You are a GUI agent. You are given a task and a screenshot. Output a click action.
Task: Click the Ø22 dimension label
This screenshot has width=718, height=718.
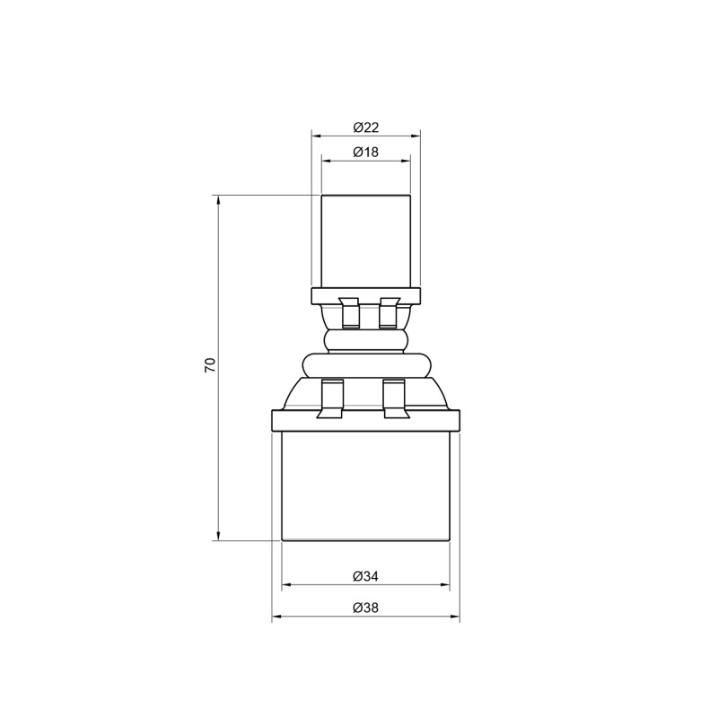[366, 127]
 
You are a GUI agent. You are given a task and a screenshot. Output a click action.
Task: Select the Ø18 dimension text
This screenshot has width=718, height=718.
[366, 153]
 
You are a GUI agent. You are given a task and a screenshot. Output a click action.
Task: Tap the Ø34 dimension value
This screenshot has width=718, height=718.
[365, 575]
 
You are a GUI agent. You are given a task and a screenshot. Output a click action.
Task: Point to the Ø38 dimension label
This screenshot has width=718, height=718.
[365, 608]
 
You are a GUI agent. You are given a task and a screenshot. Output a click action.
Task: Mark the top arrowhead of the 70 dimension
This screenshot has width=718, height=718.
[218, 200]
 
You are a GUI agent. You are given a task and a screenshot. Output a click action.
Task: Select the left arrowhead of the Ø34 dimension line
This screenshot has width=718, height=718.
[287, 585]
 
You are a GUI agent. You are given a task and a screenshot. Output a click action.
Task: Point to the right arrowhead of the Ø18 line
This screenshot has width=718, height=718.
[406, 162]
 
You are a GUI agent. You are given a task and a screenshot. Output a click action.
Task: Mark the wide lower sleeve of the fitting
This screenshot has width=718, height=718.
[365, 485]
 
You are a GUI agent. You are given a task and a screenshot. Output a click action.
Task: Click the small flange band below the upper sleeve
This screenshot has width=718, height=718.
[365, 295]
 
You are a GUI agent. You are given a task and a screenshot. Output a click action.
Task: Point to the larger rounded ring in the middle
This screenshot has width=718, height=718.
[366, 363]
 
